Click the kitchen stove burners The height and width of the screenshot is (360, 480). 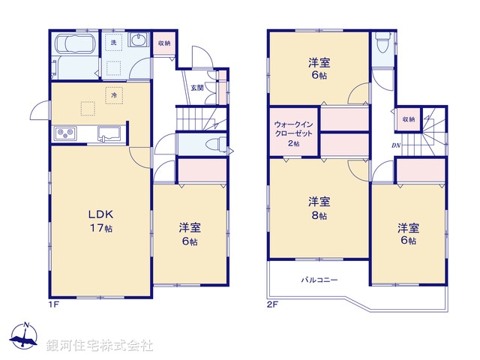tap(64, 134)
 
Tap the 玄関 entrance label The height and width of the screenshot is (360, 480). tap(196, 88)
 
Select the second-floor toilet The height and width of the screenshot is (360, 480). tap(382, 43)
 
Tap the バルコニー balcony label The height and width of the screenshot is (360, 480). tap(319, 280)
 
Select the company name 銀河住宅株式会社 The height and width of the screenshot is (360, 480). tap(99, 345)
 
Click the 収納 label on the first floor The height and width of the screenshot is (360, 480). tap(164, 44)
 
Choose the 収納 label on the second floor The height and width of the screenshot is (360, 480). tap(408, 119)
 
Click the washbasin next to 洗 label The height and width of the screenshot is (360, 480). tap(139, 41)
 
